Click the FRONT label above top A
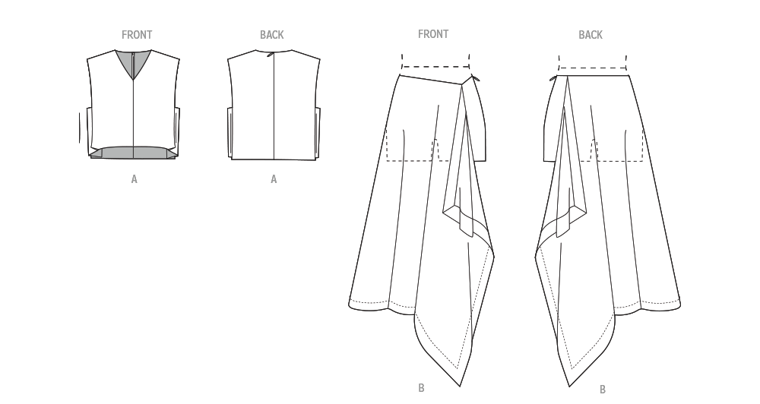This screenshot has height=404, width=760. [x=137, y=35]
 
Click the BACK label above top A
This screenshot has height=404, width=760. [x=272, y=35]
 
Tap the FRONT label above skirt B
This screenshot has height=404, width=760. [x=433, y=34]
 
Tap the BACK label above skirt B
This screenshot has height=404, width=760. [x=591, y=34]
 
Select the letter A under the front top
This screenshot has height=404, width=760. [x=135, y=179]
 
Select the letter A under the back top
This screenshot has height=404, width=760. [x=274, y=179]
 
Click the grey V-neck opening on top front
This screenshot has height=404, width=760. [x=133, y=62]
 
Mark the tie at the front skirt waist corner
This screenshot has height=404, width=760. [x=475, y=77]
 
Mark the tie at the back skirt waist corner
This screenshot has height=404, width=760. [x=553, y=78]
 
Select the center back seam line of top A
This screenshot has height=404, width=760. [x=274, y=106]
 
